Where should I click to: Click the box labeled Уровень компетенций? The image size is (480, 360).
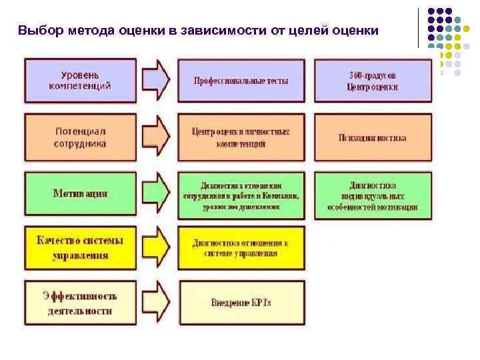click(80, 80)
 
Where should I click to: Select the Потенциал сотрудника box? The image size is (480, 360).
click(80, 137)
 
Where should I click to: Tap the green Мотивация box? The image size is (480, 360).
click(80, 194)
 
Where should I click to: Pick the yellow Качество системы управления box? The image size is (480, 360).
click(80, 247)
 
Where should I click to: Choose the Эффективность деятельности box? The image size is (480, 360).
click(80, 303)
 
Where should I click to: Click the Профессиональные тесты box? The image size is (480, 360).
click(241, 81)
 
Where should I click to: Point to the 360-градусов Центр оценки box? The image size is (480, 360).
click(373, 81)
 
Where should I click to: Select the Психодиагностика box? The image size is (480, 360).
click(373, 138)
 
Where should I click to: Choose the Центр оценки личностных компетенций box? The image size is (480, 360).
click(241, 137)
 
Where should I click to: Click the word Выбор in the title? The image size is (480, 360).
click(37, 31)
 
